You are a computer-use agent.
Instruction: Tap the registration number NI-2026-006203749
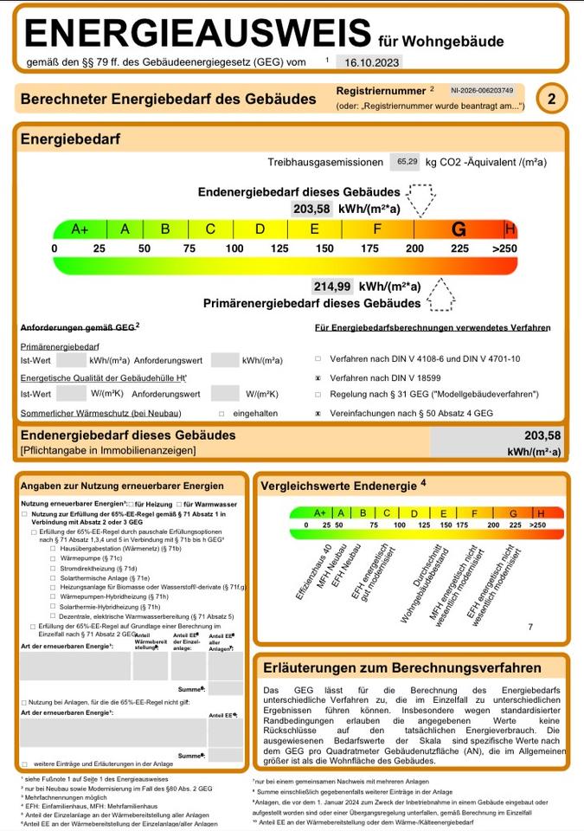[x=482, y=90]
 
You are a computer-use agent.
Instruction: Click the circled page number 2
[x=550, y=100]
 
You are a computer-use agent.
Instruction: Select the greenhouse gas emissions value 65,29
[x=407, y=162]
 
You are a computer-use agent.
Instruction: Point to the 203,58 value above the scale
[x=312, y=209]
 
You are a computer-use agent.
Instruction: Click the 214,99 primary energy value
[x=332, y=287]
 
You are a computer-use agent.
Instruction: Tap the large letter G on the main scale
[x=459, y=229]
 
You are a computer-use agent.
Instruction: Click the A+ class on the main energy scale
[x=80, y=229]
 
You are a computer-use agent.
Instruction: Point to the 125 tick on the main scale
[x=279, y=249]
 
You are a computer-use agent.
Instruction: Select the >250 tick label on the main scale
[x=504, y=249]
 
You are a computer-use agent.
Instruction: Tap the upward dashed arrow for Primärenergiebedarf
[x=440, y=294]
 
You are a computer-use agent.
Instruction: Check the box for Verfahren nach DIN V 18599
[x=318, y=377]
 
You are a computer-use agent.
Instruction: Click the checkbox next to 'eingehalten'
[x=222, y=414]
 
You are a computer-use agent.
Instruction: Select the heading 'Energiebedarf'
[x=70, y=139]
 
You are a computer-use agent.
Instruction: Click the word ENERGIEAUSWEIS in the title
[x=197, y=35]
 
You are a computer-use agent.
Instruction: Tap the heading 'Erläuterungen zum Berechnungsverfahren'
[x=401, y=667]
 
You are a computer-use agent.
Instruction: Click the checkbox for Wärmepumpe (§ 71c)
[x=53, y=560]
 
